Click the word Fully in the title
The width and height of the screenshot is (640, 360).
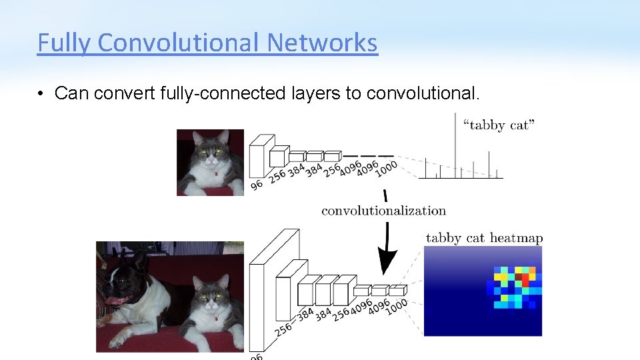(x=65, y=43)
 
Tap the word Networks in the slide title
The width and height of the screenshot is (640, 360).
(x=322, y=43)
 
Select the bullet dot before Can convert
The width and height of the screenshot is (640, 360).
(x=41, y=93)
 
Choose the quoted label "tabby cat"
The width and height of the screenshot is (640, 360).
(x=498, y=125)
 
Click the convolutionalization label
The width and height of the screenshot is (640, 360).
(x=383, y=211)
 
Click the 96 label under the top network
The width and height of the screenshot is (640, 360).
(x=257, y=185)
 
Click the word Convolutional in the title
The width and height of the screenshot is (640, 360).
(x=180, y=43)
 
